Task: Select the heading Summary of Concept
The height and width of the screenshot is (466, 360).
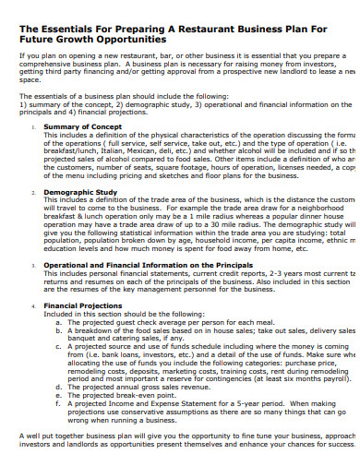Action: tap(83, 125)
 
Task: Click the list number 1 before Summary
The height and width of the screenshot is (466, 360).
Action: tap(33, 125)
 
